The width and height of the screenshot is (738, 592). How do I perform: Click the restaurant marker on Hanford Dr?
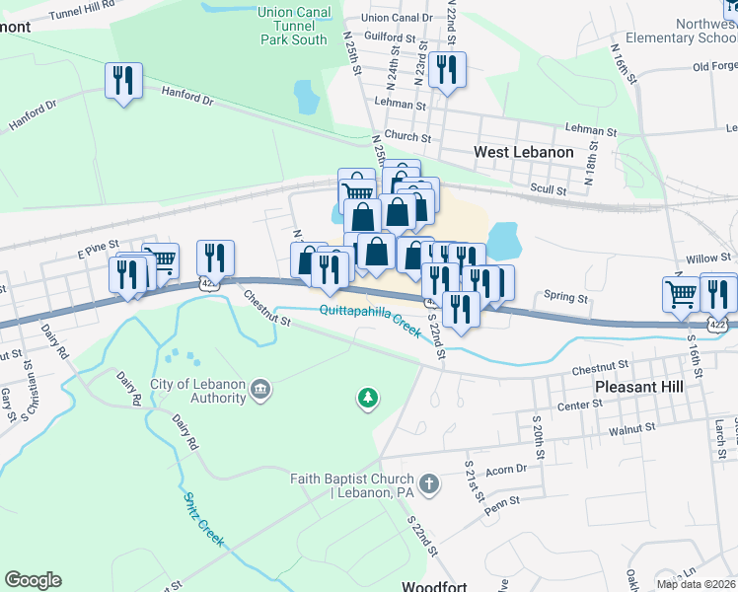click(123, 81)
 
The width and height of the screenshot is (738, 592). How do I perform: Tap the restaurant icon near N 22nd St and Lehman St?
click(447, 70)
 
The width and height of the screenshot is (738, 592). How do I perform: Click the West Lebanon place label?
click(523, 152)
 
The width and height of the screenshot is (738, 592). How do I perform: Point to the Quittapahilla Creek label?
click(370, 311)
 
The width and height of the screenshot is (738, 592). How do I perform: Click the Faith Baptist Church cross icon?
click(427, 483)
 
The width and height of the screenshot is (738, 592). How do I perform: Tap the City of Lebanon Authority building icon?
click(260, 389)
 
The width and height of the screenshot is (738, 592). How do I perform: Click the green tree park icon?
click(368, 398)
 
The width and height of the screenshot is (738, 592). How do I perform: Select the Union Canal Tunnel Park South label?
click(293, 26)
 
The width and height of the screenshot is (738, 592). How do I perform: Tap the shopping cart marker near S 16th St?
click(682, 293)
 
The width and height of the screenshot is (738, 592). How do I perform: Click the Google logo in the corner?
click(33, 580)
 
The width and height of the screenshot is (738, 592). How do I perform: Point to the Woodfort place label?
click(434, 586)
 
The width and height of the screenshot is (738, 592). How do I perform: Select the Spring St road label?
click(565, 297)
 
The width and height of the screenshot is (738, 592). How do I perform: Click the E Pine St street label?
click(98, 244)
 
